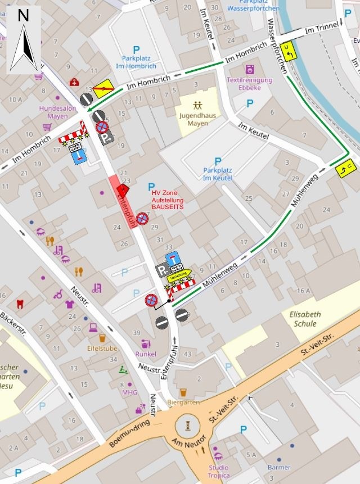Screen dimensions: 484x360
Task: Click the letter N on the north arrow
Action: (x=23, y=16)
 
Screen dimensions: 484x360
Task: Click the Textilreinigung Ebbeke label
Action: (x=249, y=83)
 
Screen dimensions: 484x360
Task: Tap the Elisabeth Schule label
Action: (x=304, y=319)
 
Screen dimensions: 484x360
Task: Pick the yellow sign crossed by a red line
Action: (x=105, y=88)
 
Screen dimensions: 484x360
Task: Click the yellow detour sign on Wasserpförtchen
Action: (x=289, y=51)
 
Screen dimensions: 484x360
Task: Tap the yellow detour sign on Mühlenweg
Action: (x=344, y=166)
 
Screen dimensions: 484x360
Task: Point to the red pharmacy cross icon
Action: (x=74, y=82)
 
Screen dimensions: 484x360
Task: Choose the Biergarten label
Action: (x=182, y=402)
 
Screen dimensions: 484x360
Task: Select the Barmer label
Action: (x=279, y=467)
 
